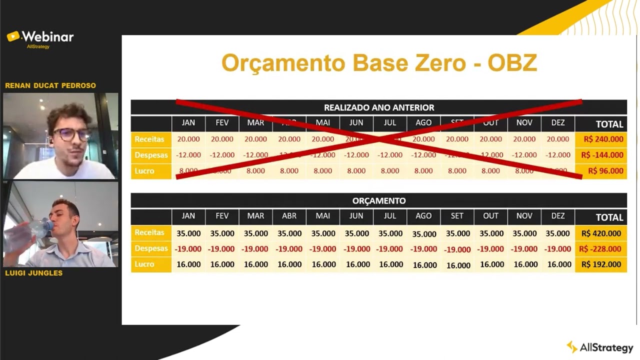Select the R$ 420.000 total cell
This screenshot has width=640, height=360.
(601, 233)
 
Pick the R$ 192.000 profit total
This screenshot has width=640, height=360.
(601, 264)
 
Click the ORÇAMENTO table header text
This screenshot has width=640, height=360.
(379, 201)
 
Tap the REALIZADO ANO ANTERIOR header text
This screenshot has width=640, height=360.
(379, 107)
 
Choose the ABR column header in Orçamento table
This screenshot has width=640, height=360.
(289, 216)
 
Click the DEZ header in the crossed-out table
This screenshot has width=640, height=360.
(557, 123)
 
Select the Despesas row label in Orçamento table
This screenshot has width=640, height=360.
(151, 248)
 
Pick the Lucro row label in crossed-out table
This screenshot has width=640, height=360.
(144, 171)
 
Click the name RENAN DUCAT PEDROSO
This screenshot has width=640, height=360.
(50, 85)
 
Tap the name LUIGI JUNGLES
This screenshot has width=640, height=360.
(33, 273)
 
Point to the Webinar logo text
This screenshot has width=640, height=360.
(47, 37)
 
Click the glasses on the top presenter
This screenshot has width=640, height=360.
(72, 134)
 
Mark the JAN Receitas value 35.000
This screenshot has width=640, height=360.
(188, 233)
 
